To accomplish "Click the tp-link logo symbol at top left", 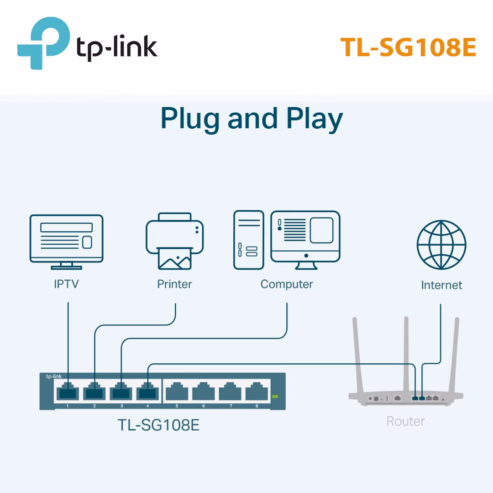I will pyautogui.click(x=43, y=43).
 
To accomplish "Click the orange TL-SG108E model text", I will pyautogui.click(x=408, y=47).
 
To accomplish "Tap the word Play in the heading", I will pyautogui.click(x=315, y=119).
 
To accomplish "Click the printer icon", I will pyautogui.click(x=174, y=241).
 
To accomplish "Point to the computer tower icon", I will pyautogui.click(x=249, y=240).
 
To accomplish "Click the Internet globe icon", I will pyautogui.click(x=441, y=245).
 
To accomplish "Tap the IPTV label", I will pyautogui.click(x=66, y=284).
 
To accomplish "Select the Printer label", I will pyautogui.click(x=174, y=284).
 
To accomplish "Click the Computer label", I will pyautogui.click(x=287, y=284).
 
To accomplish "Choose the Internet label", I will pyautogui.click(x=441, y=285).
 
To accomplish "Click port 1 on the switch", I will pyautogui.click(x=68, y=392).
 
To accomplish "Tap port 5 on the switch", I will pyautogui.click(x=177, y=392).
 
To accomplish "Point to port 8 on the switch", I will pyautogui.click(x=257, y=392).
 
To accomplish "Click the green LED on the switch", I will pyautogui.click(x=274, y=396).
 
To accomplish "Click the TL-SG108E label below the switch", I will pyautogui.click(x=158, y=425).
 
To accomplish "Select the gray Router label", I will pyautogui.click(x=405, y=421).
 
